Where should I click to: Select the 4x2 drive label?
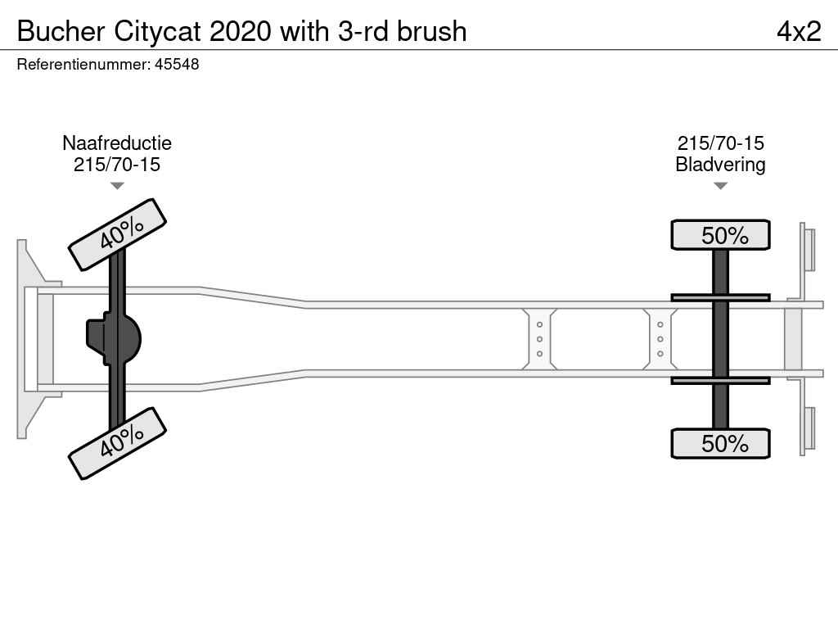pyautogui.click(x=798, y=31)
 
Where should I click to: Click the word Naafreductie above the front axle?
pyautogui.click(x=117, y=143)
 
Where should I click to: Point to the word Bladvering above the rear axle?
pyautogui.click(x=720, y=165)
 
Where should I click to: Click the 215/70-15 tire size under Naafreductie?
pyautogui.click(x=117, y=165)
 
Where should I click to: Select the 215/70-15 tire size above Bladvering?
pyautogui.click(x=720, y=143)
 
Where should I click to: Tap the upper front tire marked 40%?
pyautogui.click(x=117, y=234)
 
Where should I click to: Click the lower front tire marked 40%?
pyautogui.click(x=117, y=443)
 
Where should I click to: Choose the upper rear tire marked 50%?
pyautogui.click(x=720, y=235)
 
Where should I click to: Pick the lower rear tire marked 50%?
pyautogui.click(x=720, y=444)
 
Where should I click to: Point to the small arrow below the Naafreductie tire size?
pyautogui.click(x=117, y=186)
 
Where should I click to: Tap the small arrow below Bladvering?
pyautogui.click(x=720, y=186)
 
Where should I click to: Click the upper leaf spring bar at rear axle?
pyautogui.click(x=720, y=298)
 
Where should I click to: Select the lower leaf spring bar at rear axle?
pyautogui.click(x=720, y=380)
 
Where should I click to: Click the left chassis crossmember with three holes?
pyautogui.click(x=540, y=339)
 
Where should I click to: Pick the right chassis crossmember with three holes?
pyautogui.click(x=660, y=339)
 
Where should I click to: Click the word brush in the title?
pyautogui.click(x=431, y=31)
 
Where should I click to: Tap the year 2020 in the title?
pyautogui.click(x=242, y=31)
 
